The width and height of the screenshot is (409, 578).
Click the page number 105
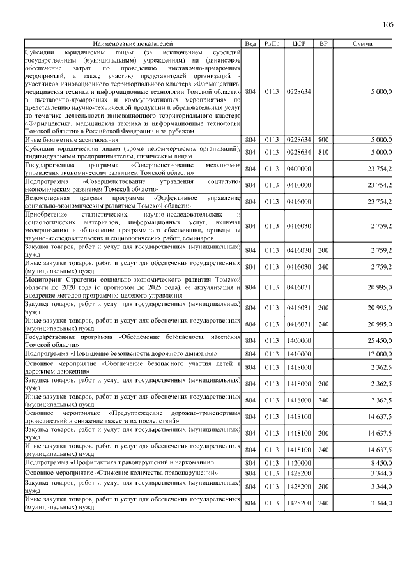[388, 26]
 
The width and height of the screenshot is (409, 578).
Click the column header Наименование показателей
[133, 43]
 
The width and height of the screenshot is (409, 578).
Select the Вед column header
[251, 43]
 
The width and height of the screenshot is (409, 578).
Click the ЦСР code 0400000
[299, 169]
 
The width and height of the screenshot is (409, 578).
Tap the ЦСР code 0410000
[299, 185]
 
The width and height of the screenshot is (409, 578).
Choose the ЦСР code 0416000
[299, 202]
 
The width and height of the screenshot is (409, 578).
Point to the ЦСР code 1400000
[299, 340]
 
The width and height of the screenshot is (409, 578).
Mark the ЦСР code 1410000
[299, 353]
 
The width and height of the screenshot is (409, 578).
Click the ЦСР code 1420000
[299, 462]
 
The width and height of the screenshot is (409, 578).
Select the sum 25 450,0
[378, 340]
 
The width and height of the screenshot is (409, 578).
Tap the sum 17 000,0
[378, 353]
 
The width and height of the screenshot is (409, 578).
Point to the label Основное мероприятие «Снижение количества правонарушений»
[121, 473]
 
